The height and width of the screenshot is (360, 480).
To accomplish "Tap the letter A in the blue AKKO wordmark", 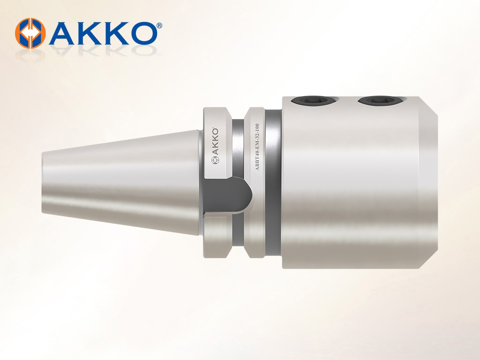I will pyautogui.click(x=61, y=33).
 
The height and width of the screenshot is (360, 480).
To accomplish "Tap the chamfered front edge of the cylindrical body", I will pyautogui.click(x=430, y=183).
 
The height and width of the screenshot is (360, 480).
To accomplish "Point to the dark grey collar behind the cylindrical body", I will pyautogui.click(x=275, y=183).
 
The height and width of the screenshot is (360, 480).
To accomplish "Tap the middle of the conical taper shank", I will pyautogui.click(x=122, y=182).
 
